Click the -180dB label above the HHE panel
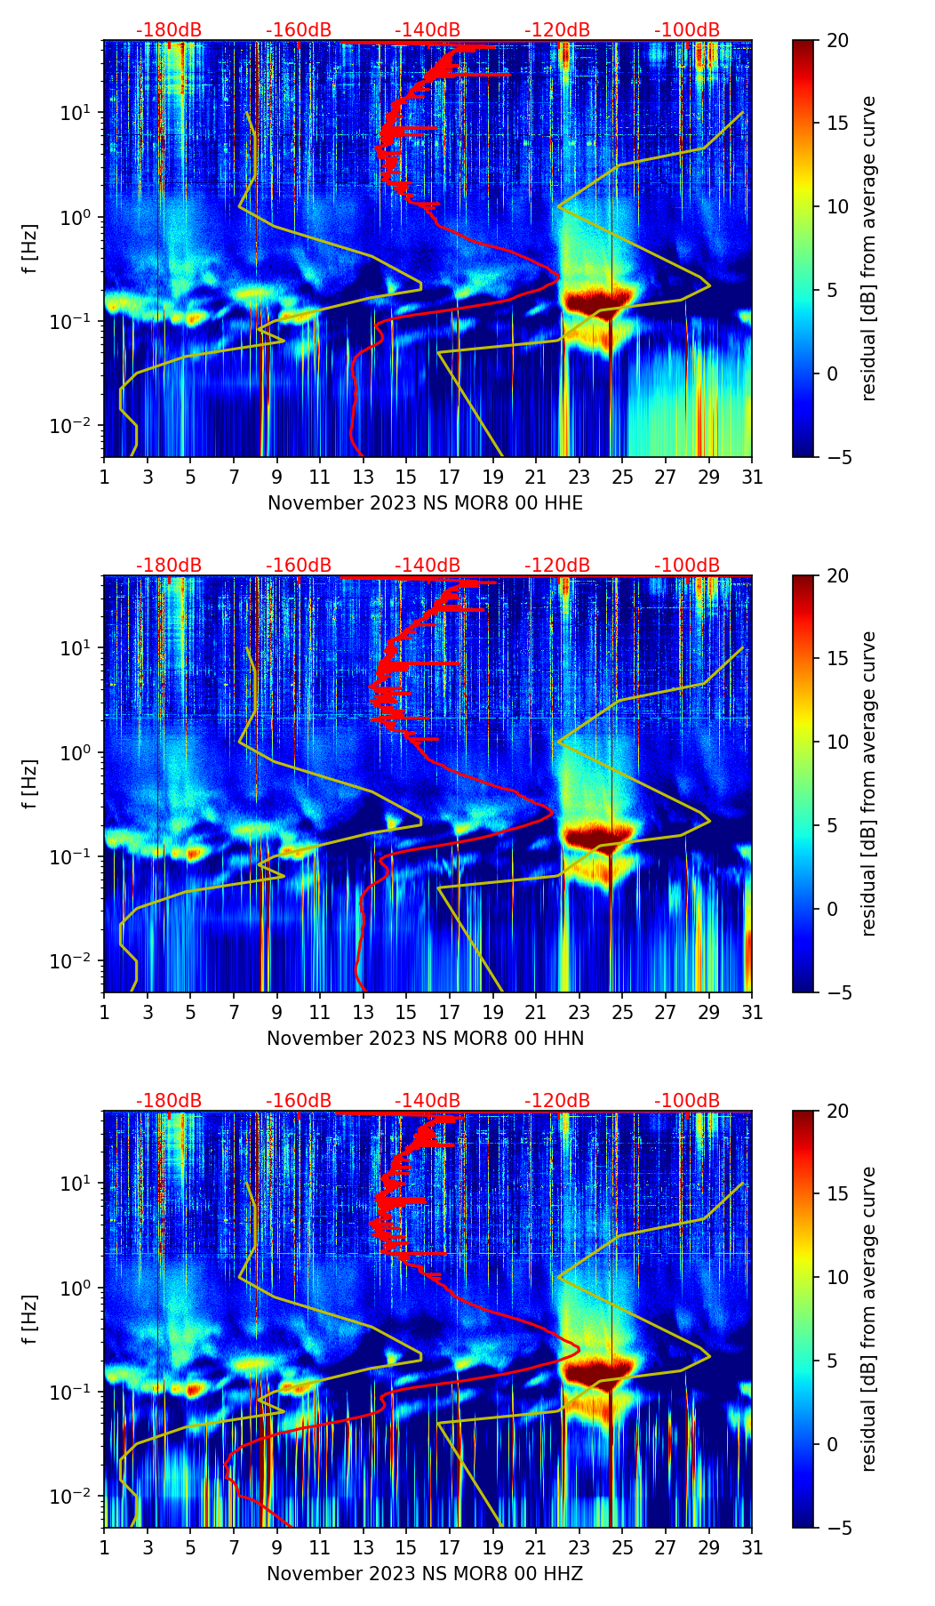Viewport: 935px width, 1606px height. point(169,30)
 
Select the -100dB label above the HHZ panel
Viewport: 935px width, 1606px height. point(687,1101)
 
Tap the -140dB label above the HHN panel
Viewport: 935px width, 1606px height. point(428,566)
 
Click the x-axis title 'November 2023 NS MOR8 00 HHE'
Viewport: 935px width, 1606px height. point(425,503)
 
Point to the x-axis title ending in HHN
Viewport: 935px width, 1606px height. point(425,1039)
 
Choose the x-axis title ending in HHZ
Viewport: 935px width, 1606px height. point(425,1574)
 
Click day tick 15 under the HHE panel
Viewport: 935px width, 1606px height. point(406,478)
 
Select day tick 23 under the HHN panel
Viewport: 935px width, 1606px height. point(579,1013)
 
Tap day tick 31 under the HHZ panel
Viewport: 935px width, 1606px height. point(752,1548)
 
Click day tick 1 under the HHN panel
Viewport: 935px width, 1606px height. point(104,1013)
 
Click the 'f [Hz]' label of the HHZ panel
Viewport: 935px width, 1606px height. point(30,1320)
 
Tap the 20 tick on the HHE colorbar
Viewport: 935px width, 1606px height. point(837,41)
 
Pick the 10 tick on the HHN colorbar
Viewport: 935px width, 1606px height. point(837,742)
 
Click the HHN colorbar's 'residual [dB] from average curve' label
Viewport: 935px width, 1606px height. point(868,783)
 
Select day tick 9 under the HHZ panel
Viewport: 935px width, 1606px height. point(276,1548)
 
